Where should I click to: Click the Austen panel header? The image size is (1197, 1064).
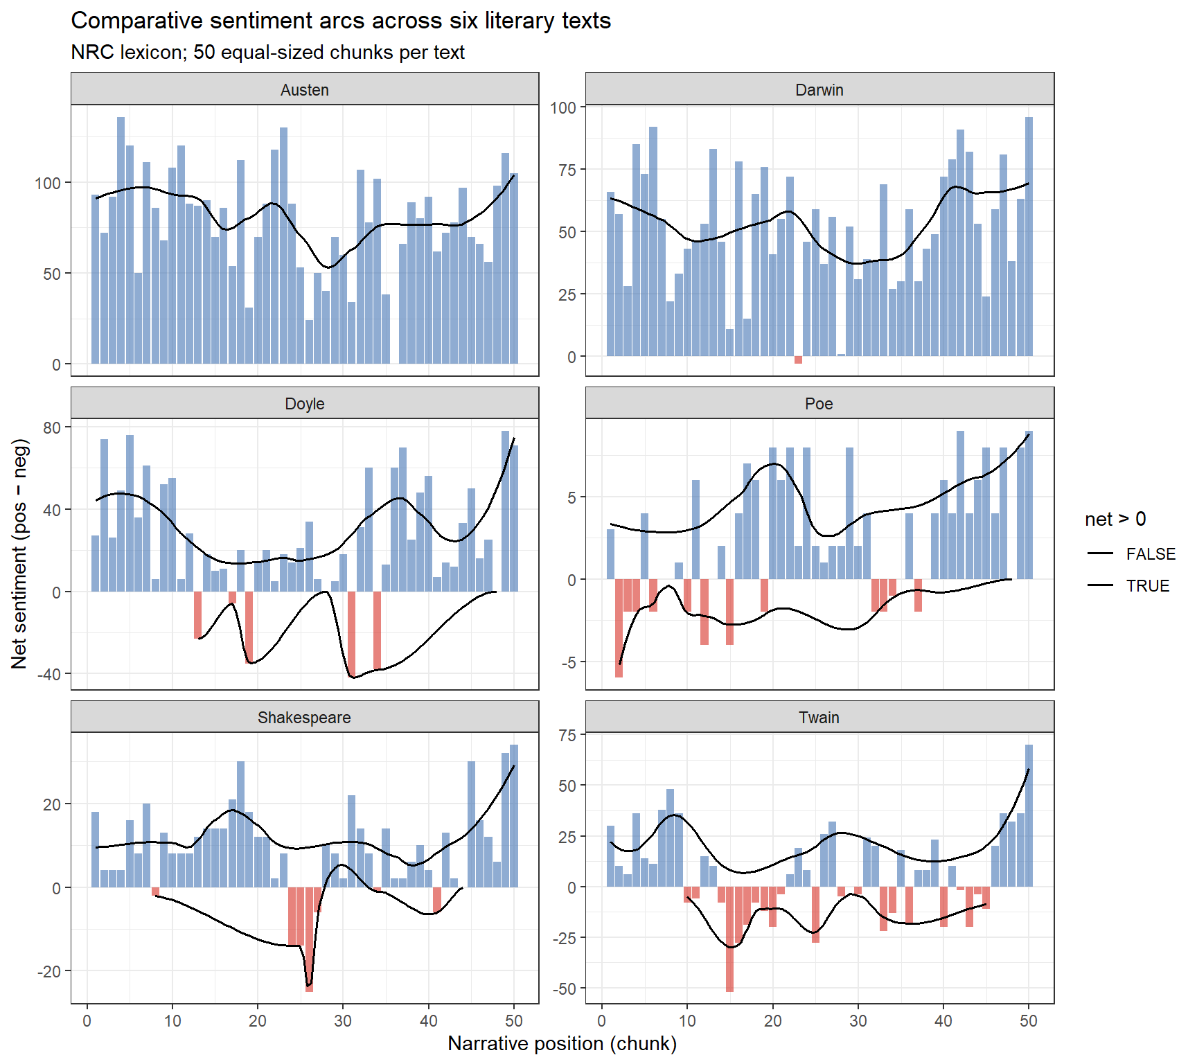pyautogui.click(x=305, y=89)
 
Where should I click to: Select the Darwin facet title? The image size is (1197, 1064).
pyautogui.click(x=819, y=89)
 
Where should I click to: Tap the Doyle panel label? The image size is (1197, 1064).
pyautogui.click(x=305, y=403)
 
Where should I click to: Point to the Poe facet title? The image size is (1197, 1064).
pyautogui.click(x=819, y=403)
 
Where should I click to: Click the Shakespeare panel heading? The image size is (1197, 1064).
pyautogui.click(x=305, y=717)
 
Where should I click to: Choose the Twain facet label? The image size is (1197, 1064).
pyautogui.click(x=819, y=717)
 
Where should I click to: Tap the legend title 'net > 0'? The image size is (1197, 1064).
pyautogui.click(x=1115, y=519)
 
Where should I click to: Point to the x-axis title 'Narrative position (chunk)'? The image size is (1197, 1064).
pyautogui.click(x=562, y=1043)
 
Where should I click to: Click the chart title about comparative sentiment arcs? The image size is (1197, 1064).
pyautogui.click(x=341, y=21)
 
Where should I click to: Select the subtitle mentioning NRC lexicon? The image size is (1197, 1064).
pyautogui.click(x=267, y=52)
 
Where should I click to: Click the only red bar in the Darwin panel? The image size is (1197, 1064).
pyautogui.click(x=798, y=360)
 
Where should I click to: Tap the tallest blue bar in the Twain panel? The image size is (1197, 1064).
pyautogui.click(x=1029, y=815)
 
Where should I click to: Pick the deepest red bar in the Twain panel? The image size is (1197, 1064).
pyautogui.click(x=729, y=939)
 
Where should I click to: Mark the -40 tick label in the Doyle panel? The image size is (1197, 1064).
pyautogui.click(x=51, y=674)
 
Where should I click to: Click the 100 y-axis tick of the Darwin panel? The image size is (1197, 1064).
pyautogui.click(x=563, y=107)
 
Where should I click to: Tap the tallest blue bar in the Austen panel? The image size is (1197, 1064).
pyautogui.click(x=121, y=240)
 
